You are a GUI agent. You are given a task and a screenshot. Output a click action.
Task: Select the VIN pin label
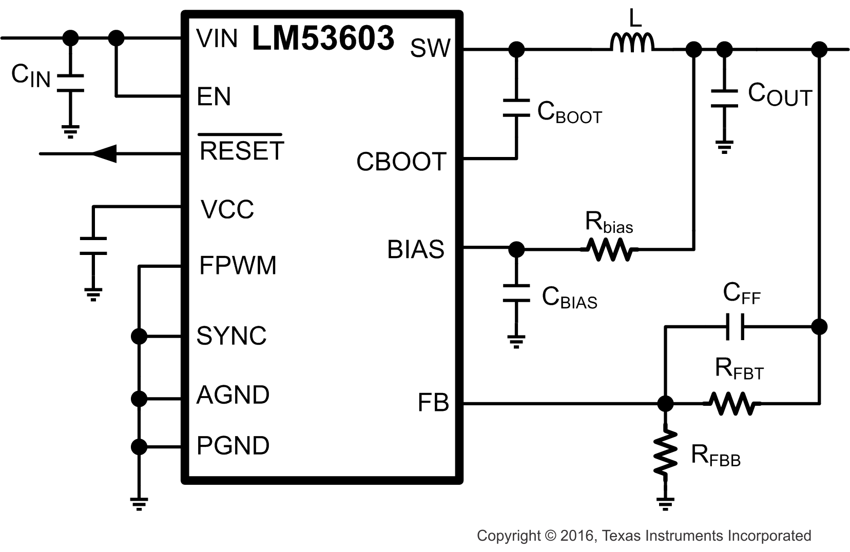point(217,38)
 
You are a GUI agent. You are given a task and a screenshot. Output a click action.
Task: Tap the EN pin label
point(214,96)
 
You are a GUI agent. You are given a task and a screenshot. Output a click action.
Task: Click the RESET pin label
point(241,150)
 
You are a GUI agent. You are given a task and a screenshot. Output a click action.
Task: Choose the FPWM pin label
point(237,265)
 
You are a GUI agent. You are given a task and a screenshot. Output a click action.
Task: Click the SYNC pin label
point(231,336)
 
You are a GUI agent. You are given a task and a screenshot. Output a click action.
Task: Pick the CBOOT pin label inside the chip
point(401,162)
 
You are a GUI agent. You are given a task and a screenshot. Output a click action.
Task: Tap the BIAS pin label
point(415,249)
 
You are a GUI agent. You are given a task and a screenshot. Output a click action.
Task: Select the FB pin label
point(433,403)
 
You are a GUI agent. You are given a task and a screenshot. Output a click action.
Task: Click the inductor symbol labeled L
point(632,43)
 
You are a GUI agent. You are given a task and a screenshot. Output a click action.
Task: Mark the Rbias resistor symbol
point(609,250)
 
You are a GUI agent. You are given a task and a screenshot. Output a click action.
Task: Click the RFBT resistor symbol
point(732,404)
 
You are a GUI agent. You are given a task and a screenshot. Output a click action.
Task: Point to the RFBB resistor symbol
point(665,453)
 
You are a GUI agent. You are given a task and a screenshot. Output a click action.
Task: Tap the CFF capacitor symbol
point(735,326)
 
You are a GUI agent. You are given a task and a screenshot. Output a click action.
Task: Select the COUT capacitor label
point(779,95)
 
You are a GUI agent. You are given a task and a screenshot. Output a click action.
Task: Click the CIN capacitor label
point(30,76)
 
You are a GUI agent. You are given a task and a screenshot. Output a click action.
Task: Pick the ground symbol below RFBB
point(665,503)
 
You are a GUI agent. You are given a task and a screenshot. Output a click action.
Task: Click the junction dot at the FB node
point(665,404)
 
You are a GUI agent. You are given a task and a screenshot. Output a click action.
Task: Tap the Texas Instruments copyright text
point(644,536)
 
